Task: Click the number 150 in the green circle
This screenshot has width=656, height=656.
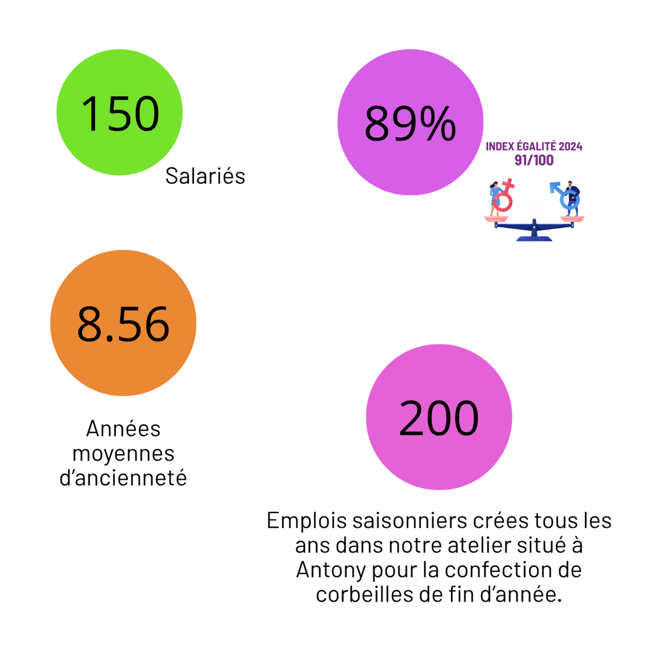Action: (120, 114)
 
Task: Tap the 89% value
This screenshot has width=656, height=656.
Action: (410, 124)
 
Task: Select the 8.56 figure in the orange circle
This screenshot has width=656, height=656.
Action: (123, 324)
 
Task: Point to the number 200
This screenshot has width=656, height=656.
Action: (439, 418)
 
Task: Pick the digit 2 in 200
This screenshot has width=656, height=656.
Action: (411, 418)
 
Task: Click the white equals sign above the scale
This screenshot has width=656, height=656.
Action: (534, 207)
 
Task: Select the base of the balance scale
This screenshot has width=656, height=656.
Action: (534, 240)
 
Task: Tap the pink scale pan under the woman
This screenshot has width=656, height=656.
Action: (496, 219)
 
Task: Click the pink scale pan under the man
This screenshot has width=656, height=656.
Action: (572, 218)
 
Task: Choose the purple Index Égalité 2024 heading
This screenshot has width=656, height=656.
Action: (534, 147)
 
